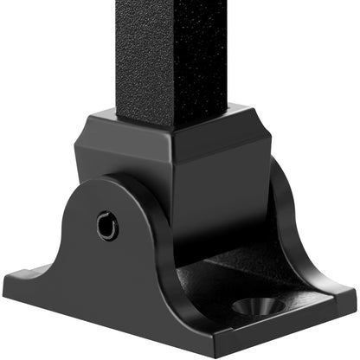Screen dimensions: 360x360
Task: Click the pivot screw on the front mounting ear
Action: tap(107, 228)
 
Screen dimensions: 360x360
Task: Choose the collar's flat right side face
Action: tap(229, 173)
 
